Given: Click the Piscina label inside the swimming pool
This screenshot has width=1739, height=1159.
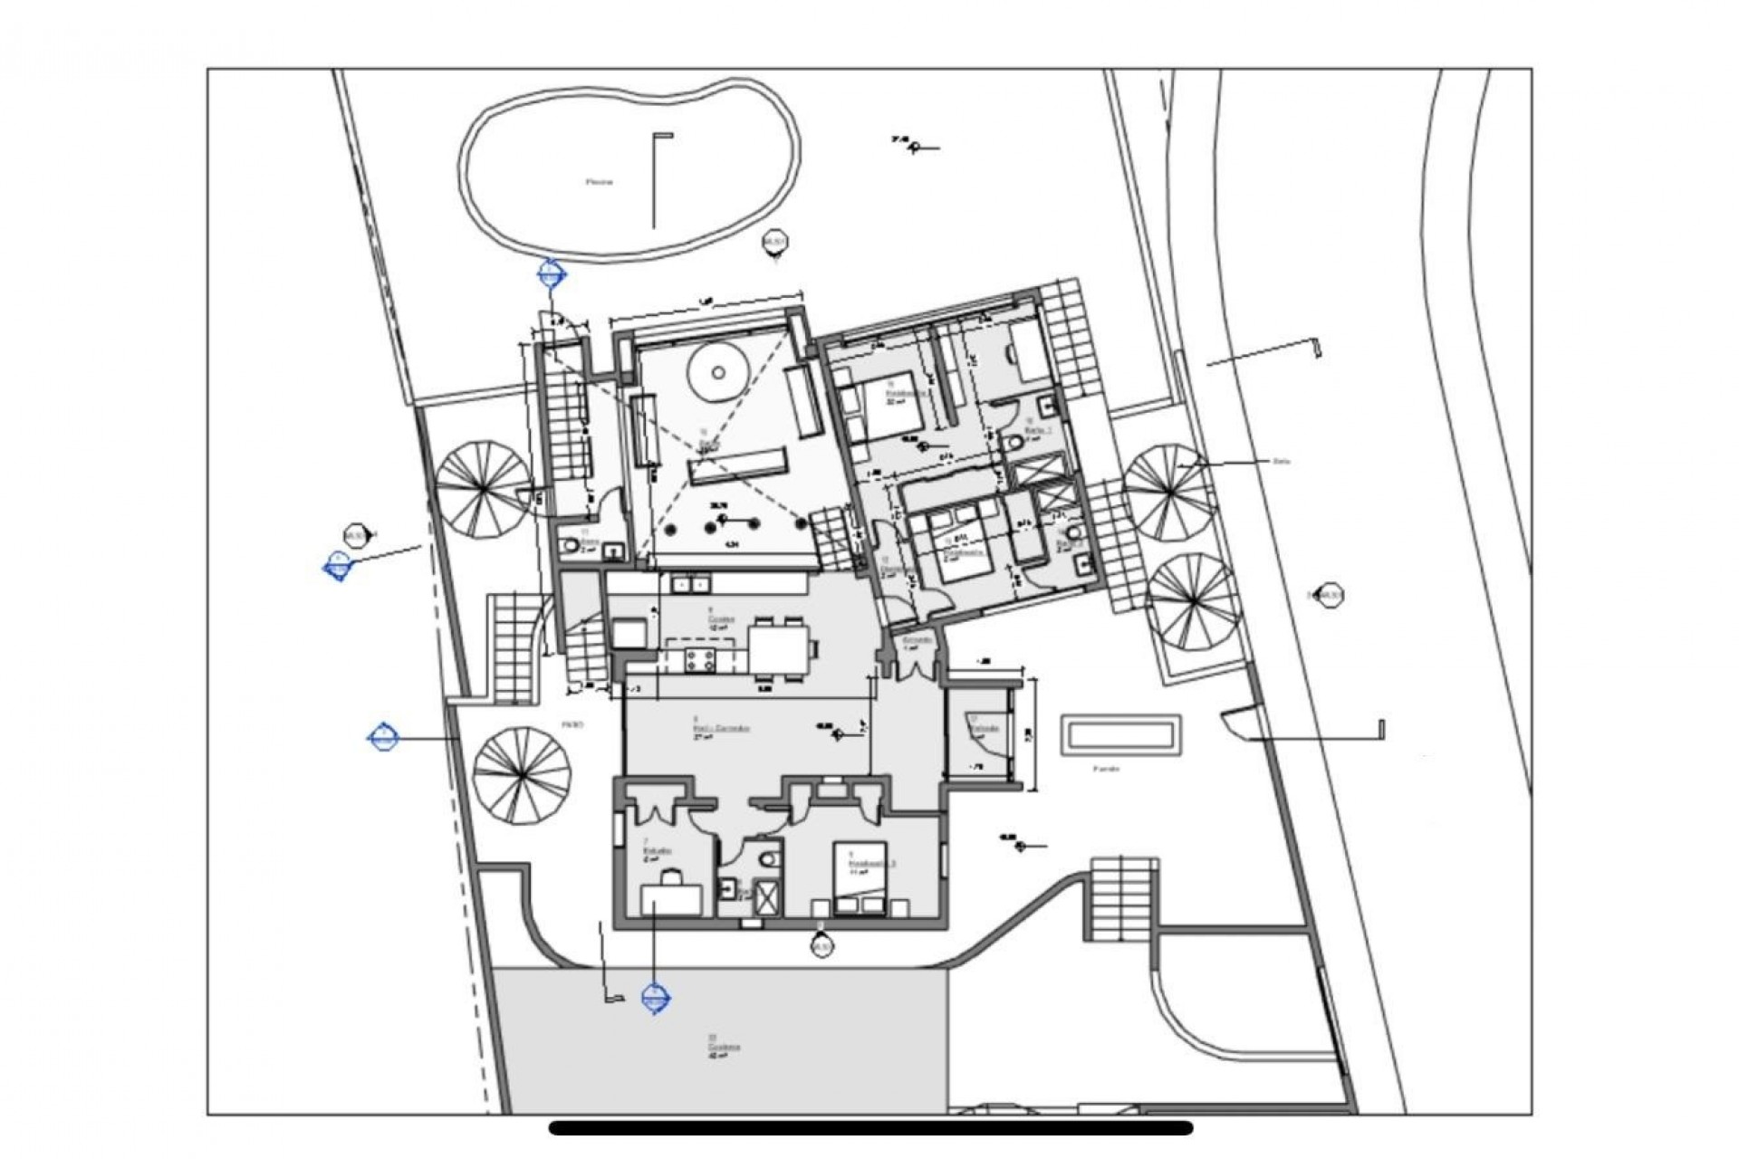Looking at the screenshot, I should point(599,181).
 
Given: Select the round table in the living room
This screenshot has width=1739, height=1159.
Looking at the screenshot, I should point(716,372).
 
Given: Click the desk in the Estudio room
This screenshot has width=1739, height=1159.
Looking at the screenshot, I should point(671,899).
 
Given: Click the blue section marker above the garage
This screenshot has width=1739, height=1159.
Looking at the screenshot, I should point(654,1000).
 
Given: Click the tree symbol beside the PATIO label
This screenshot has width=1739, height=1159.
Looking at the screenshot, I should point(522,776).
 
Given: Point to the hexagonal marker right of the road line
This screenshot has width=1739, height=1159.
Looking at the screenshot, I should point(1330,595).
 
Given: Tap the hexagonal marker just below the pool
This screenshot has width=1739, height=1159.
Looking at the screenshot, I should point(774,243).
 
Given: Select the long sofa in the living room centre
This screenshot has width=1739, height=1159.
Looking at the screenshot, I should point(735,470).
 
